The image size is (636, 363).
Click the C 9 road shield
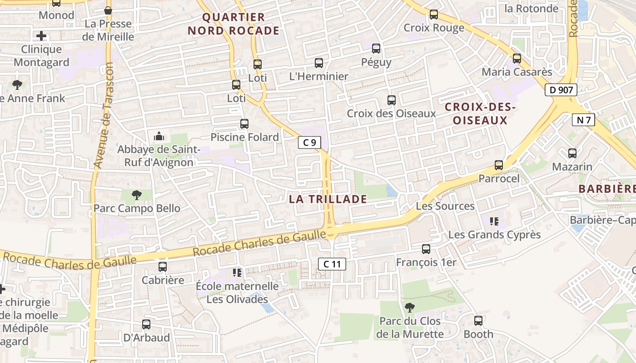coord(309,142)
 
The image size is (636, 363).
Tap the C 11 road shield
coord(332,264)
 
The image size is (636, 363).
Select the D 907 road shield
coord(561,90)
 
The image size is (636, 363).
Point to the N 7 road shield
coord(583,120)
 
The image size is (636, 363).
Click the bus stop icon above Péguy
coord(376,48)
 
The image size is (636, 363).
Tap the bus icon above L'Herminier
coord(319,63)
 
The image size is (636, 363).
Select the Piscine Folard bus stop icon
coord(244,123)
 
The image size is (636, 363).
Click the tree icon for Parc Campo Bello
coord(136,195)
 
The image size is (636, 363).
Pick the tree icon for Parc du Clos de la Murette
coord(410,308)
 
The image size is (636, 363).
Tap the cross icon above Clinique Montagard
coord(41,35)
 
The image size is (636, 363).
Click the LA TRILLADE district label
coord(328,199)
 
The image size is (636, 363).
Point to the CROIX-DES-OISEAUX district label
coord(480,114)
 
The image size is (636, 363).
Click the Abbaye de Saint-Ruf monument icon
coord(159,136)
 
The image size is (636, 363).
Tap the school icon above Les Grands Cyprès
coord(494,221)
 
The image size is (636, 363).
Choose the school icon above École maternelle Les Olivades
coord(237,272)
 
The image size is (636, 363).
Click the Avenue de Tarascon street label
coord(103,115)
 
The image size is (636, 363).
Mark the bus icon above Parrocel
coord(499,165)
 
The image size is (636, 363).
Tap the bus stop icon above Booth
coord(478,321)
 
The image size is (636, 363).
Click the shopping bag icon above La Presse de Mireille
coord(108,10)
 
